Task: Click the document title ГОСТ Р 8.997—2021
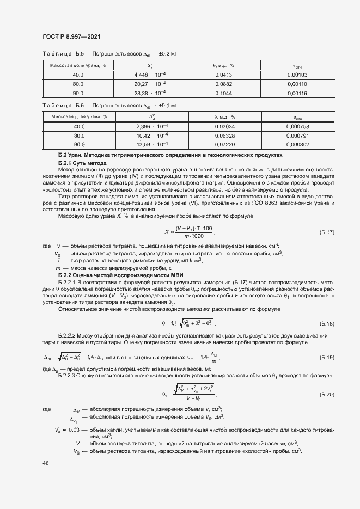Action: pos(71,36)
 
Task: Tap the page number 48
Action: pos(45,462)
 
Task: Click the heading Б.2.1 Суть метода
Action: pos(83,163)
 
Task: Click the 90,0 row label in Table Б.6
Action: pos(79,145)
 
